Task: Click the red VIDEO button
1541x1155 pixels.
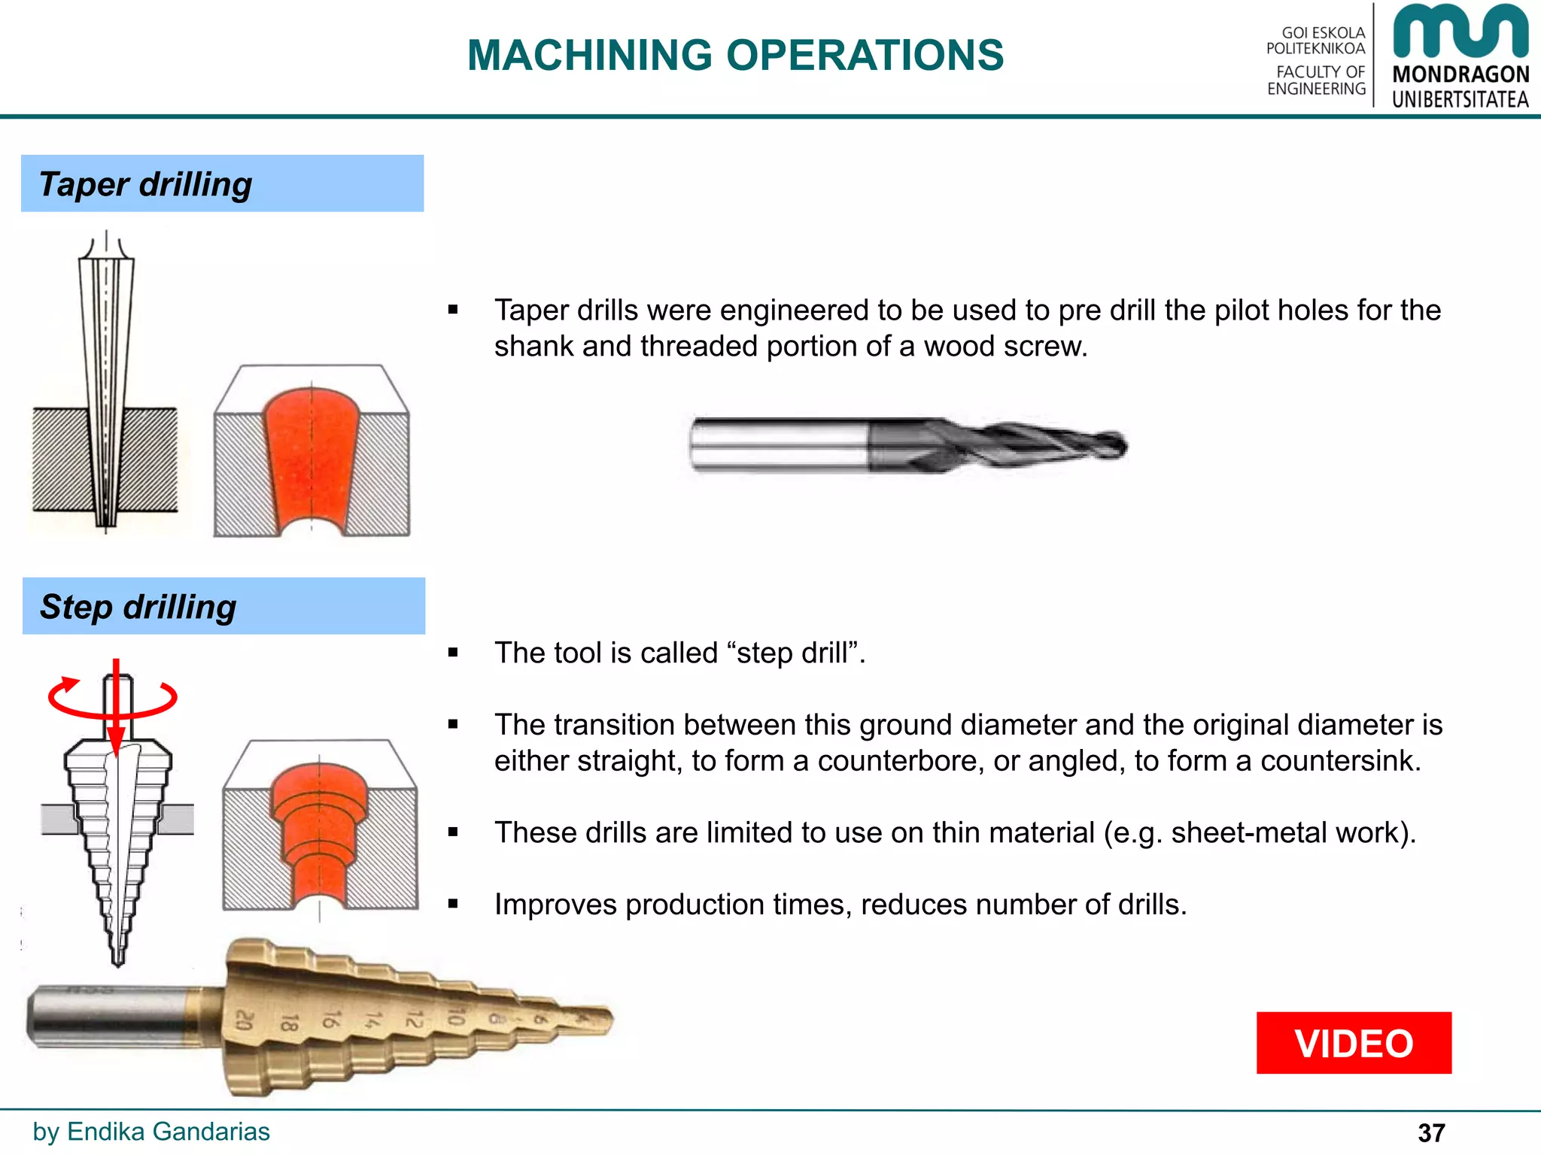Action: pyautogui.click(x=1353, y=1043)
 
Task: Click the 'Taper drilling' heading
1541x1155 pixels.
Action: pyautogui.click(x=145, y=184)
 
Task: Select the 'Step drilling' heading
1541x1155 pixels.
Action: pyautogui.click(x=138, y=607)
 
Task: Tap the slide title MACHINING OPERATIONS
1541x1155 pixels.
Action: pyautogui.click(x=735, y=55)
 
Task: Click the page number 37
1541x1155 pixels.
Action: pyautogui.click(x=1431, y=1132)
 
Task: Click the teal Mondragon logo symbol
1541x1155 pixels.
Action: pyautogui.click(x=1460, y=32)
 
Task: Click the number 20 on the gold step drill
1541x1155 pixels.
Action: pyautogui.click(x=245, y=1020)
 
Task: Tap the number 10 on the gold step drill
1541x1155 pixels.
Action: pyautogui.click(x=454, y=1017)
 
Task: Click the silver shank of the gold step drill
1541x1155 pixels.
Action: pyautogui.click(x=105, y=1017)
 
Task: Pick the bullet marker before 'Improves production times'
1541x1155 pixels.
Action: pyautogui.click(x=453, y=905)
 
